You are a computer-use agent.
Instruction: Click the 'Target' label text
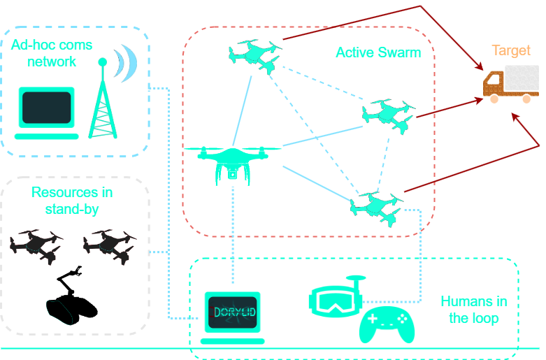tap(511, 50)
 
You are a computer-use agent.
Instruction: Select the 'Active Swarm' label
tap(378, 52)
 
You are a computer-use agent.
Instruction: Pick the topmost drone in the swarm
tap(254, 55)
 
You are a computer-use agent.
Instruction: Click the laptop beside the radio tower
tap(46, 112)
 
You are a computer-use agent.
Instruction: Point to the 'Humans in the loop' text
tap(473, 309)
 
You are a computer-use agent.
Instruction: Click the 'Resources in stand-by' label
tap(72, 200)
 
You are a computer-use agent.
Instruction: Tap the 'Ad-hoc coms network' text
tap(52, 52)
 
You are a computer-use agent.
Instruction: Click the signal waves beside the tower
tap(127, 63)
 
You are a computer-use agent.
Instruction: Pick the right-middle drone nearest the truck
tap(389, 113)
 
